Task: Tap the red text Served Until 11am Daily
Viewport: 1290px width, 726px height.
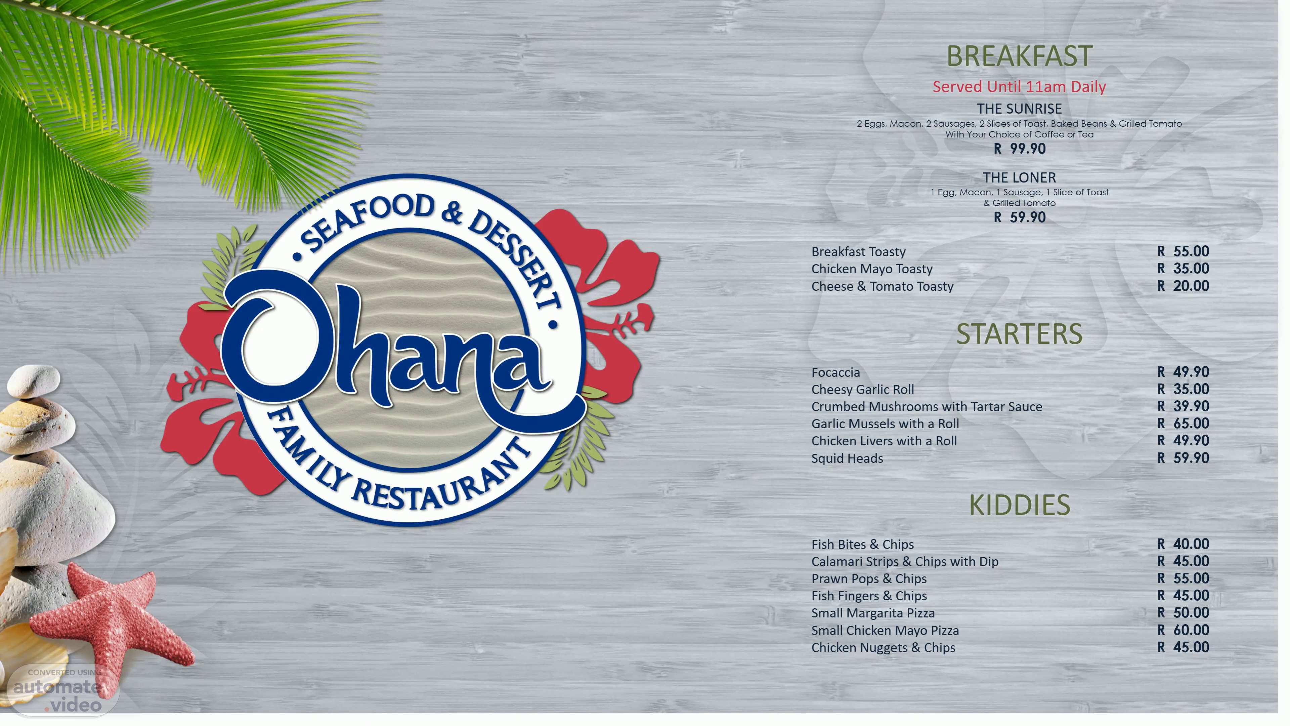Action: point(1019,87)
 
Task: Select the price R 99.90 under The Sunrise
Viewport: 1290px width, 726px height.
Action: point(1020,149)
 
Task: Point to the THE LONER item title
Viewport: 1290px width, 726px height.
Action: point(1019,177)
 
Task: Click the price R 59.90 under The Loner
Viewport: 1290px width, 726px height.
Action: point(1020,217)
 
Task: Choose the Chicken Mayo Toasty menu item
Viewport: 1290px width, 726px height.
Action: point(872,269)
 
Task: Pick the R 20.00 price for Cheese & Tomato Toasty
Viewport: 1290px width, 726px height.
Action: point(1183,286)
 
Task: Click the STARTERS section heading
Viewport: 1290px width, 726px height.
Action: point(1019,334)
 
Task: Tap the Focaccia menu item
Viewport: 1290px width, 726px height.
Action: point(836,372)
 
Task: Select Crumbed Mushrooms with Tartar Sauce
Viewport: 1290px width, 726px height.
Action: point(927,406)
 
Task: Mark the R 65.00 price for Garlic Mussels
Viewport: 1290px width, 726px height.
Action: point(1183,424)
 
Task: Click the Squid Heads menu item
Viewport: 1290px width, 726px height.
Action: point(847,458)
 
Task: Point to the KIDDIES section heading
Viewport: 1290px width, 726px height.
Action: point(1020,505)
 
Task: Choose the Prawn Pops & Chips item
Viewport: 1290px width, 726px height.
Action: point(869,579)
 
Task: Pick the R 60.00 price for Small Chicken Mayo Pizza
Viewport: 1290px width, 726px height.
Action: point(1183,630)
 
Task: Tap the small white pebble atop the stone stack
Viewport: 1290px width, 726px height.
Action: point(34,381)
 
